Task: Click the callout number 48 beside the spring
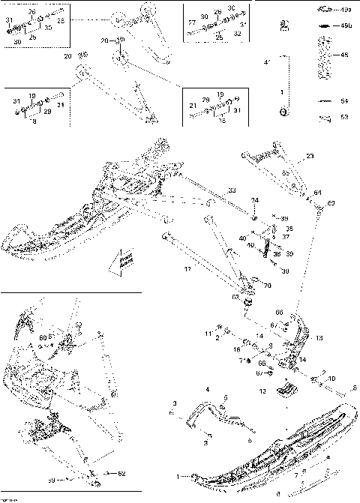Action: point(345,55)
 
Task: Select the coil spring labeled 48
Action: point(324,60)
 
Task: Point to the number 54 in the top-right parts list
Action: point(345,100)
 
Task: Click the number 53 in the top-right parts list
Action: point(345,117)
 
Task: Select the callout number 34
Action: point(255,201)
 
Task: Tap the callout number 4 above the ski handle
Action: point(208,389)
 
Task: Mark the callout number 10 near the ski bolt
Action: point(332,379)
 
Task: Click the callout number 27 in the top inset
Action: point(191,23)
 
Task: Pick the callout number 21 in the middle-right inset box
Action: point(193,103)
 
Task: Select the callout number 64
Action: point(318,193)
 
